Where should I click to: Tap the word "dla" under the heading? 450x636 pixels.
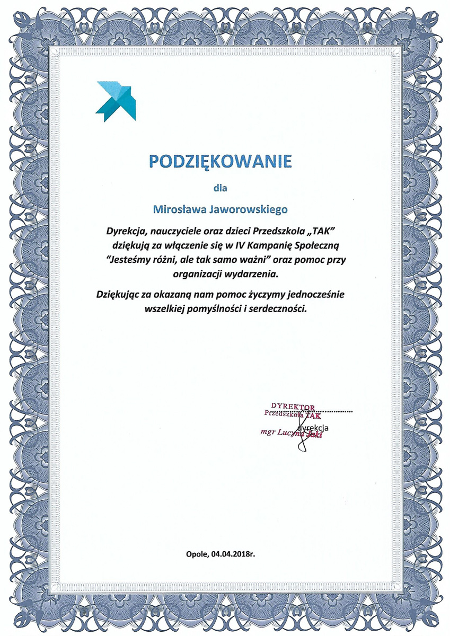[219, 187]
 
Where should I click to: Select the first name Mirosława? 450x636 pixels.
[180, 209]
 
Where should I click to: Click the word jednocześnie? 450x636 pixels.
[314, 293]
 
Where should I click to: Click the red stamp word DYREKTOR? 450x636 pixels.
[293, 407]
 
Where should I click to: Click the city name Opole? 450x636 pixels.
[196, 554]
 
